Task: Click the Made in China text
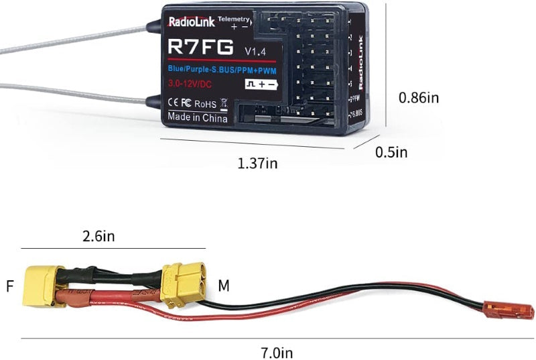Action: (x=198, y=117)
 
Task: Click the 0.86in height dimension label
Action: (x=419, y=97)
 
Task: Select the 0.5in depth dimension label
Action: (x=391, y=152)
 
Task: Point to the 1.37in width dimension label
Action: (x=258, y=164)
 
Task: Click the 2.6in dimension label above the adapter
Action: (x=98, y=236)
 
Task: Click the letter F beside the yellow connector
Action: (x=9, y=286)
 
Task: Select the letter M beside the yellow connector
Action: (x=224, y=286)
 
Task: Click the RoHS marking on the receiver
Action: (x=206, y=104)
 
